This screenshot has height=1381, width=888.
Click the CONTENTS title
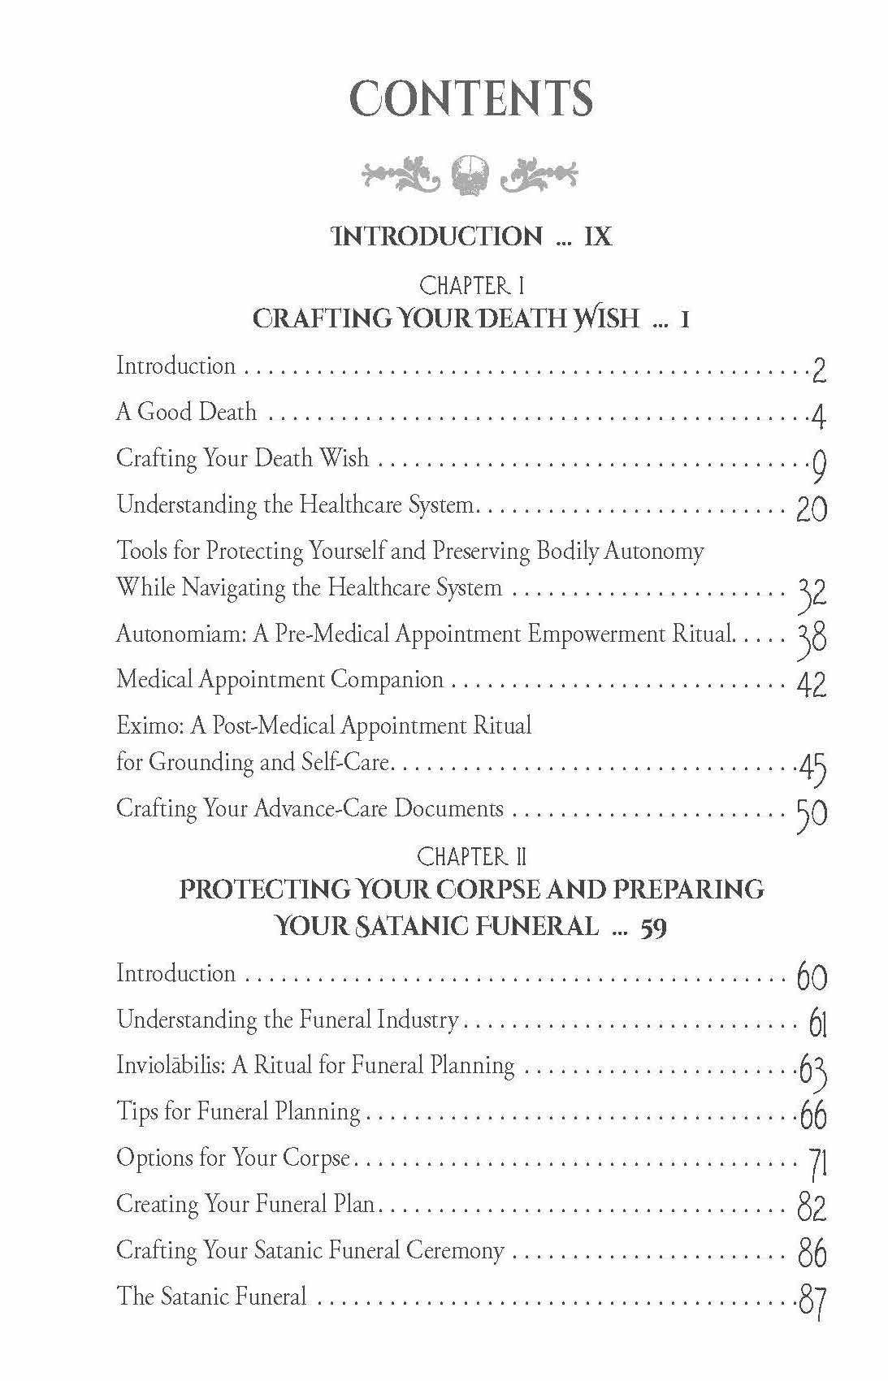[471, 98]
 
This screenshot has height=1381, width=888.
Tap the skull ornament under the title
[471, 174]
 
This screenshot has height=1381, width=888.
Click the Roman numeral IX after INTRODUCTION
[597, 236]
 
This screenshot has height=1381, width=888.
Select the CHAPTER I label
[471, 285]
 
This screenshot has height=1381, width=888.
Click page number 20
[811, 509]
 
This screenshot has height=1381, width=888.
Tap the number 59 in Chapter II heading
[654, 927]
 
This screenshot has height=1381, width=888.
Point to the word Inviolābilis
[171, 1065]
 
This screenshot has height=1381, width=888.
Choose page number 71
[817, 1164]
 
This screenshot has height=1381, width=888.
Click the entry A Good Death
[186, 412]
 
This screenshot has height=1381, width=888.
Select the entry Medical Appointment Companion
[279, 679]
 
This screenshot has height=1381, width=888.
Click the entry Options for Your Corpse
[233, 1157]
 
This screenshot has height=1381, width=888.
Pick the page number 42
[811, 684]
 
